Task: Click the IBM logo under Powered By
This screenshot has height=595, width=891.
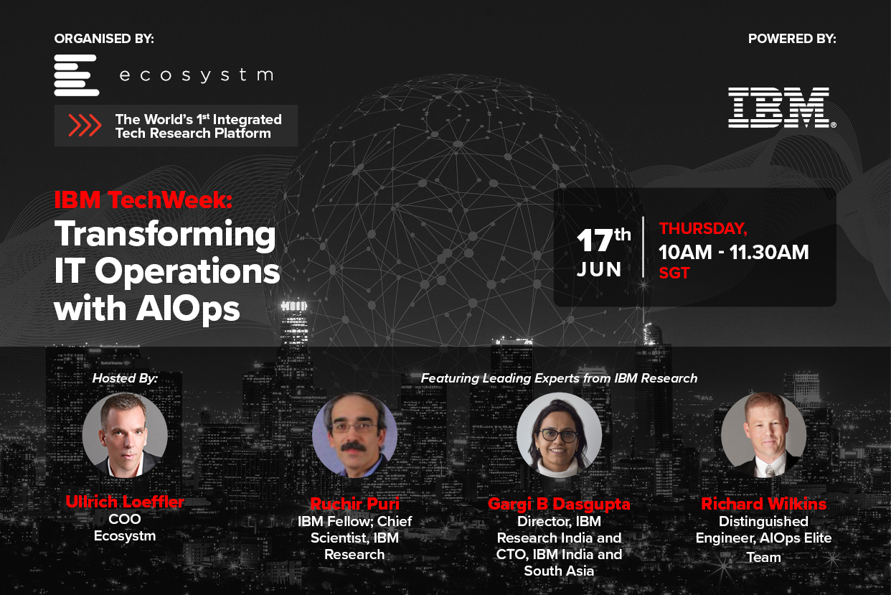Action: point(781,108)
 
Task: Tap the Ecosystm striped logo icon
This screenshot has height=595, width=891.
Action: point(76,75)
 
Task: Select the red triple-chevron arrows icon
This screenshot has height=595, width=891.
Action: point(85,126)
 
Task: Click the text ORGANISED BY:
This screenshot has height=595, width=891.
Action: point(104,39)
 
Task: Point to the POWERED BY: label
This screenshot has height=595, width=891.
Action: point(792,39)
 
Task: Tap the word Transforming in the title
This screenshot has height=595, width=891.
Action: point(165,234)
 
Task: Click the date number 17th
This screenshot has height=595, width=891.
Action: point(604,240)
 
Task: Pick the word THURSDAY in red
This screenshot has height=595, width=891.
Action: point(703,229)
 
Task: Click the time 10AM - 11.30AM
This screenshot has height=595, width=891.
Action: point(734,252)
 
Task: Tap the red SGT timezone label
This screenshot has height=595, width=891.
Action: point(674,273)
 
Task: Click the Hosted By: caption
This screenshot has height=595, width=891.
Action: point(125,378)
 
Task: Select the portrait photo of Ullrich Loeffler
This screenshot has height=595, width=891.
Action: point(125,435)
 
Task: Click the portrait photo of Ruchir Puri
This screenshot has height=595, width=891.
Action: point(355,436)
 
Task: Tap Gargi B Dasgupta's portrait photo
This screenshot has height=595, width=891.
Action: point(559,436)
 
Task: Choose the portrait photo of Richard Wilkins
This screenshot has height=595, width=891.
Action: point(763,436)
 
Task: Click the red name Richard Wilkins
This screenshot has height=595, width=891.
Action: point(763,504)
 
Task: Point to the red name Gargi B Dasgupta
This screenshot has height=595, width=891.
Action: point(559,504)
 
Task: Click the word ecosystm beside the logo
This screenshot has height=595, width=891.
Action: point(196,75)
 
